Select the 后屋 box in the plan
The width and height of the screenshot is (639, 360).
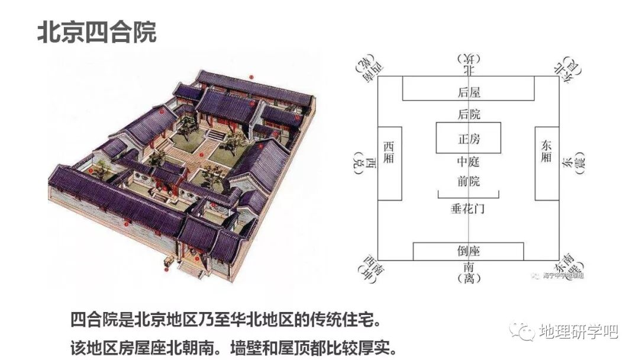[x=469, y=92]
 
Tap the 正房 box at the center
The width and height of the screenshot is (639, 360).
[x=469, y=138]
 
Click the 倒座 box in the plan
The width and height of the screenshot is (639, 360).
[x=468, y=250]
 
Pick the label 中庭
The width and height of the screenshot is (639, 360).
[x=469, y=162]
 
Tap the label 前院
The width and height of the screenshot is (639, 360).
[x=469, y=181]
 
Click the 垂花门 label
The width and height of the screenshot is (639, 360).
[x=468, y=209]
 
